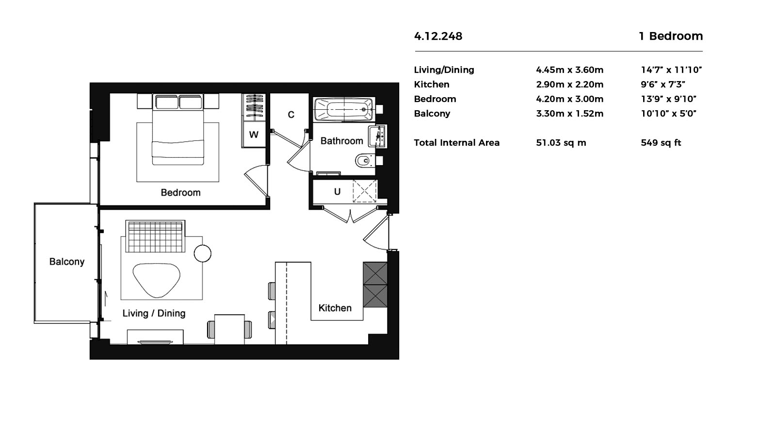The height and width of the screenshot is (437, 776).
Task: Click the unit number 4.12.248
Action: (x=438, y=36)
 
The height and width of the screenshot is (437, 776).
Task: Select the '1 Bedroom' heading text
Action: (x=671, y=36)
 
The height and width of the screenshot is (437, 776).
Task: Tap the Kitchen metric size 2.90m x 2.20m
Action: (x=569, y=84)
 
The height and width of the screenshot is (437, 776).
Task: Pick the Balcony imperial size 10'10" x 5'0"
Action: (x=669, y=114)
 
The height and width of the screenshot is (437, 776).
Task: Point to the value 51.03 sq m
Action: (x=561, y=143)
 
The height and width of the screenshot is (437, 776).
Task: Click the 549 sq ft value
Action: (x=661, y=143)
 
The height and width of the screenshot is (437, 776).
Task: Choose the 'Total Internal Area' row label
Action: (x=456, y=143)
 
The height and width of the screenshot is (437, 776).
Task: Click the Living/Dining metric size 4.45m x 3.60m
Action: (x=569, y=70)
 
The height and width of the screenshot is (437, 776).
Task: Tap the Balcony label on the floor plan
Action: (x=67, y=262)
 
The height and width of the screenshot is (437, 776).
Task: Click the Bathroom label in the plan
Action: (x=341, y=141)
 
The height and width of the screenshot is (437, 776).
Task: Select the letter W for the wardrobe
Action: (x=254, y=134)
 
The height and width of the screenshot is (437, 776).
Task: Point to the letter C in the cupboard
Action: (x=291, y=115)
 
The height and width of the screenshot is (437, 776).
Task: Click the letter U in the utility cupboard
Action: (x=337, y=191)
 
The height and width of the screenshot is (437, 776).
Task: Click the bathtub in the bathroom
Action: (x=344, y=110)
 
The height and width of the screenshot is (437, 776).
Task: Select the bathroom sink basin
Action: (x=377, y=136)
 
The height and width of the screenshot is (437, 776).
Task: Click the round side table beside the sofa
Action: (x=203, y=253)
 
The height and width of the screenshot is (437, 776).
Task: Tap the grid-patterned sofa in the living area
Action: (x=155, y=236)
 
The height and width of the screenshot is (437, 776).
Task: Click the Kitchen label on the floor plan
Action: (x=335, y=308)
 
